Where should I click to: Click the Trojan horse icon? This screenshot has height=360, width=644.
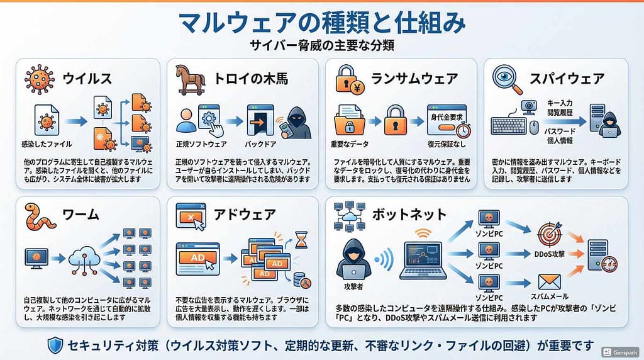point(191,79)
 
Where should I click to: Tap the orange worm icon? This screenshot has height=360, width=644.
point(40,216)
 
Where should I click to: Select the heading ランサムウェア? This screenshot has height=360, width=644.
point(414,78)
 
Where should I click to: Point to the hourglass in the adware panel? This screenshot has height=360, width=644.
point(301,240)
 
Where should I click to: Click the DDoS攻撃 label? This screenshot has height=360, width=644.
point(550,254)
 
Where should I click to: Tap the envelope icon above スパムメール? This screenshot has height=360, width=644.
point(549,282)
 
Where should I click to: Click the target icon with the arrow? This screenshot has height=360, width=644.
point(550,234)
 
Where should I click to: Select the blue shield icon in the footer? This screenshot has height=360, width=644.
point(55,346)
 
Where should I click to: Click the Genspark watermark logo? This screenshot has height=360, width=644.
point(619,352)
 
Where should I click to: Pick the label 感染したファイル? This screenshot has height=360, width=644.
point(47,144)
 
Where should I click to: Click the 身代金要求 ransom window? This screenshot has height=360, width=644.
point(447,120)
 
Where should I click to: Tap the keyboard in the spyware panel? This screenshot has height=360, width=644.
point(508,125)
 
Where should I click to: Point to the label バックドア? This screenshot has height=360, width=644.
point(260,144)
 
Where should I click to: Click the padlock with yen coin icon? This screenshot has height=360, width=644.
point(350,80)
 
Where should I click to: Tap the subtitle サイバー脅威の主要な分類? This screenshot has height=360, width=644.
point(322,45)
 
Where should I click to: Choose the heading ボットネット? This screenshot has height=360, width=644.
point(409,215)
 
